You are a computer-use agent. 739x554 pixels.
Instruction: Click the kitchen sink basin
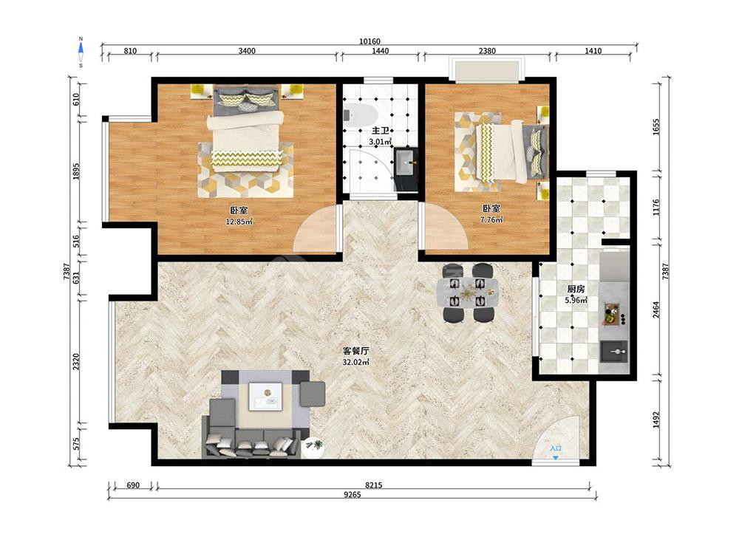[x=613, y=352]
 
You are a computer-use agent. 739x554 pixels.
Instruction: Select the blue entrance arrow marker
[x=556, y=457]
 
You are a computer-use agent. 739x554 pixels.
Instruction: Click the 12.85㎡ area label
[x=239, y=222]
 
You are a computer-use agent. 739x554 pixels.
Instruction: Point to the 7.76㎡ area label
[x=491, y=219]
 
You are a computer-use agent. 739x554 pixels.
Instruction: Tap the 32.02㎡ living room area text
[x=356, y=362]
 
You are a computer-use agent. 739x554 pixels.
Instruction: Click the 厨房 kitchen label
[x=576, y=290]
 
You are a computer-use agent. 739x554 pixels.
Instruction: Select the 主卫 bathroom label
[x=381, y=131]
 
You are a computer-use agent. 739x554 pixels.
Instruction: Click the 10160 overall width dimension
[x=369, y=41]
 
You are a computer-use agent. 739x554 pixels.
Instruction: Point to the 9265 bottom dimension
[x=352, y=495]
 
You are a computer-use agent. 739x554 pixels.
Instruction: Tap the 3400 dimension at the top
[x=247, y=51]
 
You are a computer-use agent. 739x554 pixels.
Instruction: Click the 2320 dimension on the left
[x=76, y=362]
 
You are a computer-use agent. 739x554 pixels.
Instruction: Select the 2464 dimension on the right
[x=656, y=310]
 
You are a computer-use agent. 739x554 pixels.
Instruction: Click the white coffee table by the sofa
[x=265, y=397]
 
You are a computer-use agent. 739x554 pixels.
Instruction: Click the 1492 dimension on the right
[x=656, y=420]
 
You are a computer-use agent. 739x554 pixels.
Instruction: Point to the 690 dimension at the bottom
[x=133, y=485]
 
